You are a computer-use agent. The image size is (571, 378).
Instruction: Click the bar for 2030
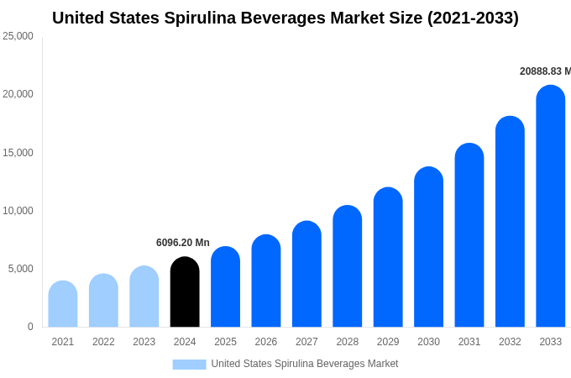click(428, 247)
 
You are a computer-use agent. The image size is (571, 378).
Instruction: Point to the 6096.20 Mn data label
click(183, 243)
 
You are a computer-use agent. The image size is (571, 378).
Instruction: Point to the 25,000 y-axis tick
click(18, 36)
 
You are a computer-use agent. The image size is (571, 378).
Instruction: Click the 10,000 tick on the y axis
click(18, 210)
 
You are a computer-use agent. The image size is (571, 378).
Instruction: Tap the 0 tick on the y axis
click(30, 327)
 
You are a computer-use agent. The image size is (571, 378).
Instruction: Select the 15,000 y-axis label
click(18, 152)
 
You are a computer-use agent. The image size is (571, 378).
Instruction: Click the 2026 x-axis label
click(266, 342)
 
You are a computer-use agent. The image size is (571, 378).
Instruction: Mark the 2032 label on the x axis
click(510, 342)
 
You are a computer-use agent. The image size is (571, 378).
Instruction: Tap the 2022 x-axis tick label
click(103, 342)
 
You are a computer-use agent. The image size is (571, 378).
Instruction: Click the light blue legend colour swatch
click(189, 364)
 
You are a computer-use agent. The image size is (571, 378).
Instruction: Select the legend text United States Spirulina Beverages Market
click(305, 364)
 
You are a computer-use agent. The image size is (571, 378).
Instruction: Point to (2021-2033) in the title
click(473, 18)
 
